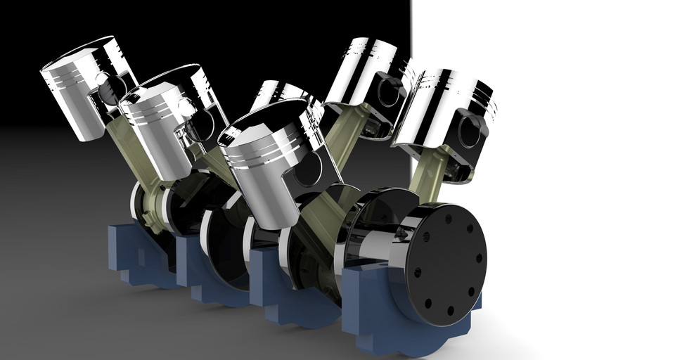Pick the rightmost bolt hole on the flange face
(480, 259)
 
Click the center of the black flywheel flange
(446, 264)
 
